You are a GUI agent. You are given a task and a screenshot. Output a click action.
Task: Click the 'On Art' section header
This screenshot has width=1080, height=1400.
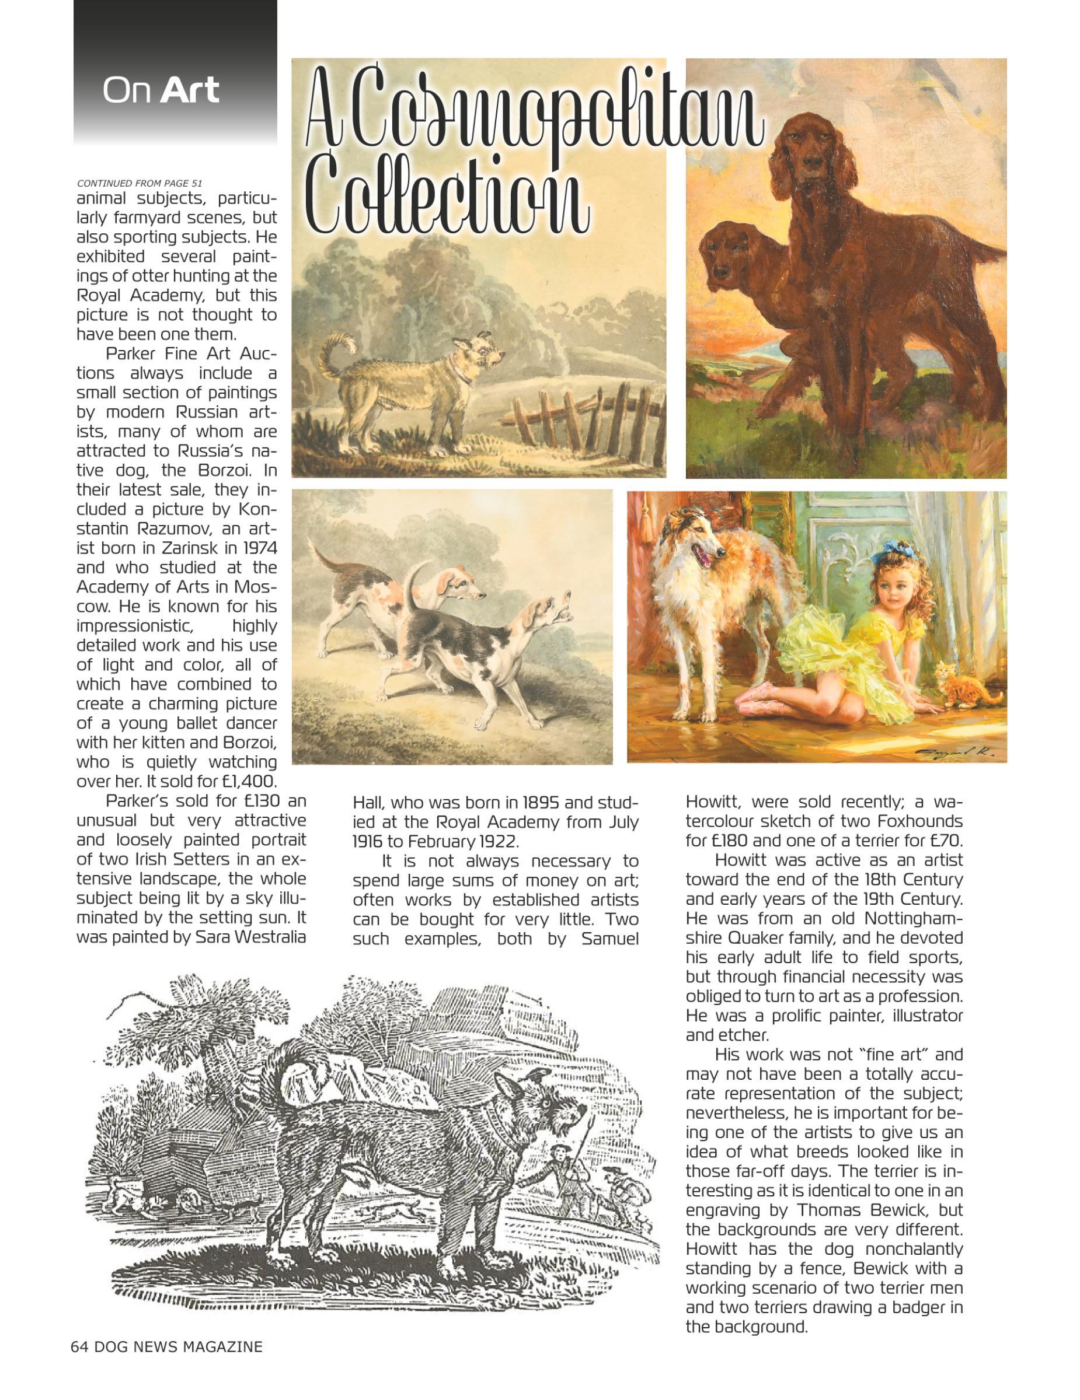point(161,90)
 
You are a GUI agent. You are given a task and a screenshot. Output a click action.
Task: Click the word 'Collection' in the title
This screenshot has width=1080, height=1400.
point(449,192)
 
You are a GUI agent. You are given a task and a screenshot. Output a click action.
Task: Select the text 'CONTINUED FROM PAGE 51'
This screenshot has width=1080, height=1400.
point(140,183)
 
